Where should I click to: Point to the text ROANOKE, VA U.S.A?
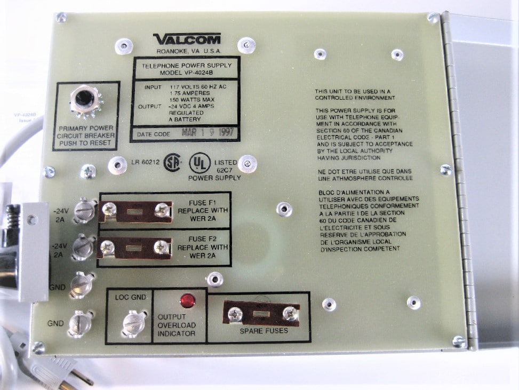coord(187,51)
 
